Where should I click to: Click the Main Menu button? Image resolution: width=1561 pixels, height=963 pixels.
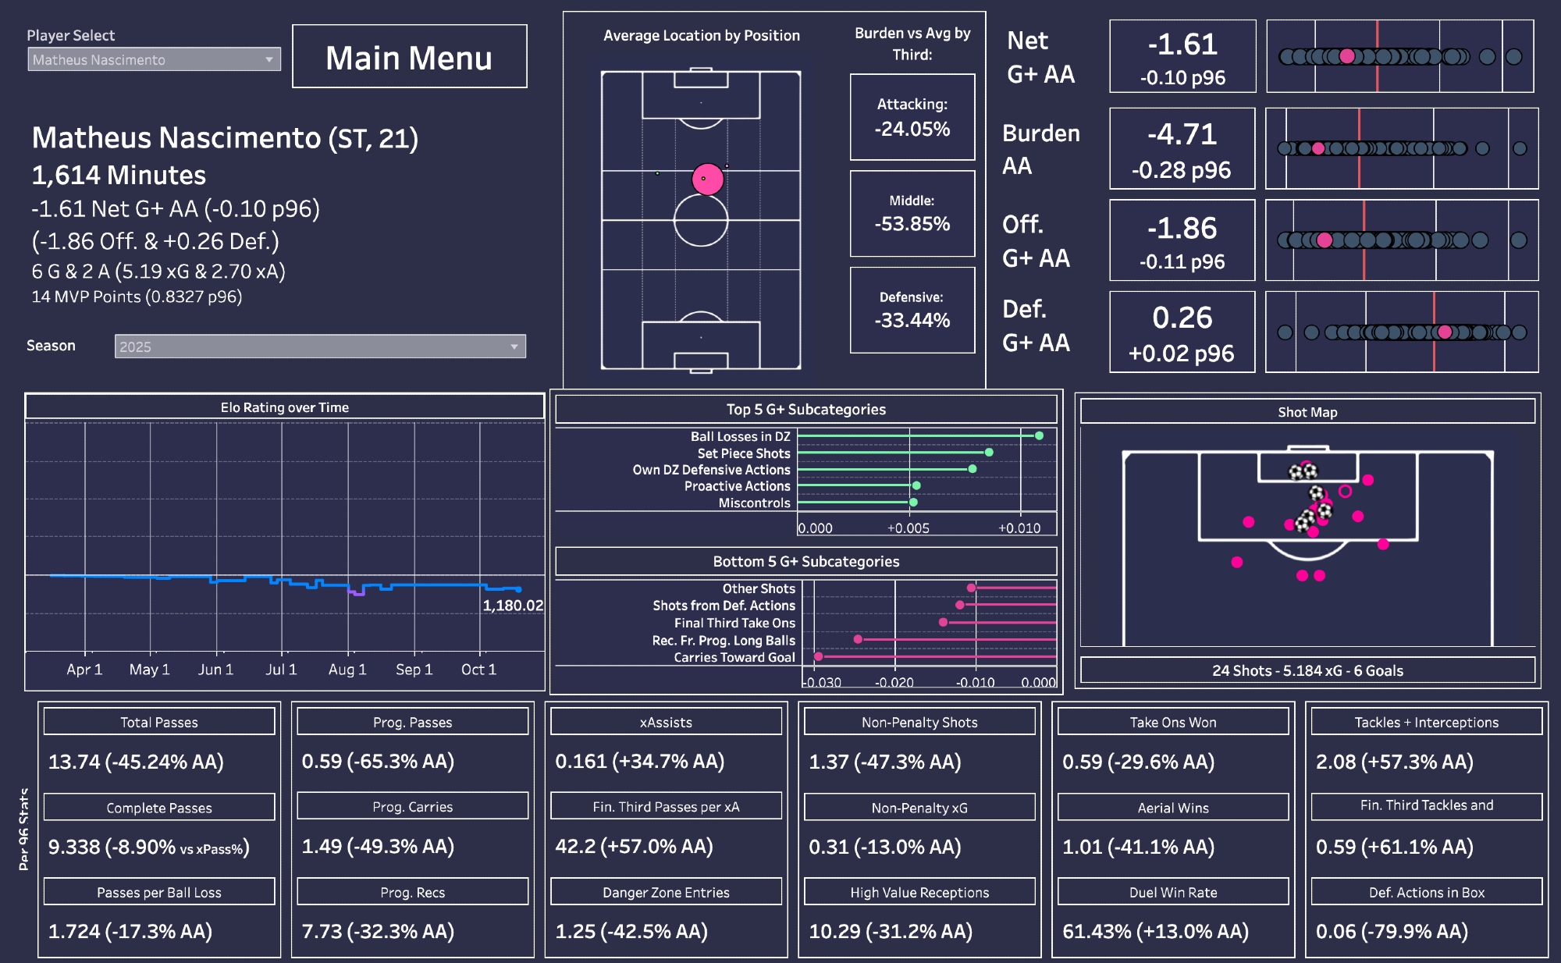point(409,57)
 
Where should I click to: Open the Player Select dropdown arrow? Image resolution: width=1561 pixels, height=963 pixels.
point(268,59)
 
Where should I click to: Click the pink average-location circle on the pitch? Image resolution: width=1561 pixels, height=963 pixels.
point(707,179)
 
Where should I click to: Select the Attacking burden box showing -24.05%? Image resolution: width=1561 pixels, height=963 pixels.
point(912,117)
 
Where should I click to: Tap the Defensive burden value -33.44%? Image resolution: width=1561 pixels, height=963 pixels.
point(912,320)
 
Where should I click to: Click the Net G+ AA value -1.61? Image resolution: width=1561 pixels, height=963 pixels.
point(1182,44)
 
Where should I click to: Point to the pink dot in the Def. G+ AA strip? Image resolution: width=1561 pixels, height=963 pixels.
point(1445,332)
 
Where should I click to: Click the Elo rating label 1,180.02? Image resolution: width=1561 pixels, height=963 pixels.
point(513,606)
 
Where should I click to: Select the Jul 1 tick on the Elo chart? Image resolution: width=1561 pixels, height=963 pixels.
point(281,669)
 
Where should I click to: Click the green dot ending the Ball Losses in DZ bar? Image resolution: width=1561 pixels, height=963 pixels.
point(1039,435)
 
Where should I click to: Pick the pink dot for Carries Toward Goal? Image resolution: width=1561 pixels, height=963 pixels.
point(818,657)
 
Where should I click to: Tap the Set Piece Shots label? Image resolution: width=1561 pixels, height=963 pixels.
point(744,453)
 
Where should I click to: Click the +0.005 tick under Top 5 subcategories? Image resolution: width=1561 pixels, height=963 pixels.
point(909,528)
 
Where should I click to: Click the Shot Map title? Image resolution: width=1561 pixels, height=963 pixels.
point(1307,412)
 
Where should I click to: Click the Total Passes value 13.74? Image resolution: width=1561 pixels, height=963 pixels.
point(74,762)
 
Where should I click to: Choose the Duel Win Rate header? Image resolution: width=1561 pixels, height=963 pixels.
point(1173,892)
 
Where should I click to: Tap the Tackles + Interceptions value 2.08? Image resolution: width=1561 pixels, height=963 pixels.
point(1335,762)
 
